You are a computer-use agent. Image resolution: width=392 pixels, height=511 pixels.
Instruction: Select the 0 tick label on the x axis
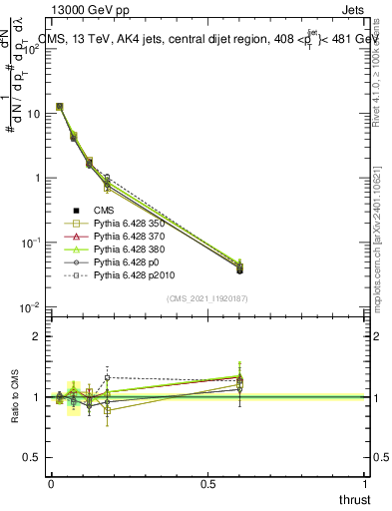tap(51, 483)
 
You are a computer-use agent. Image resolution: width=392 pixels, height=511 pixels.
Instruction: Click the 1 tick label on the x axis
tap(365, 483)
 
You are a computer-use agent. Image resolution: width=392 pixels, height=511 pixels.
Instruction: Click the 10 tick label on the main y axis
tap(33, 114)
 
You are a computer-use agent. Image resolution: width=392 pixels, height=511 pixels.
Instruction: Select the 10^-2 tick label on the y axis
tap(31, 307)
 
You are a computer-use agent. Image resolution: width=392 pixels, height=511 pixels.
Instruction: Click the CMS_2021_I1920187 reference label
tap(207, 297)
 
